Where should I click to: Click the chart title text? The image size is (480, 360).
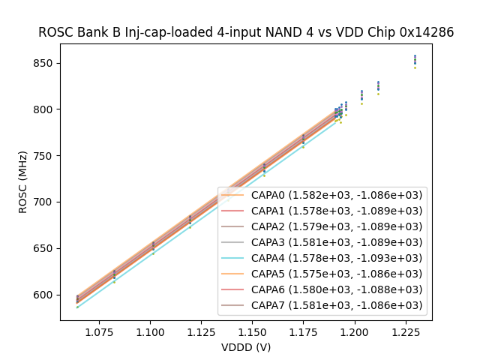click(x=246, y=32)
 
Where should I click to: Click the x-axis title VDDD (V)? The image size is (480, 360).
click(x=246, y=347)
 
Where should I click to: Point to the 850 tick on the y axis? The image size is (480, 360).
click(x=46, y=63)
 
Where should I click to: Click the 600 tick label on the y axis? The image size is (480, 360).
click(x=46, y=295)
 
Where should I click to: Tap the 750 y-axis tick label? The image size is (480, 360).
click(x=46, y=156)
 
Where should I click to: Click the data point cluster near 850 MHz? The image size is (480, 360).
click(x=415, y=60)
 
